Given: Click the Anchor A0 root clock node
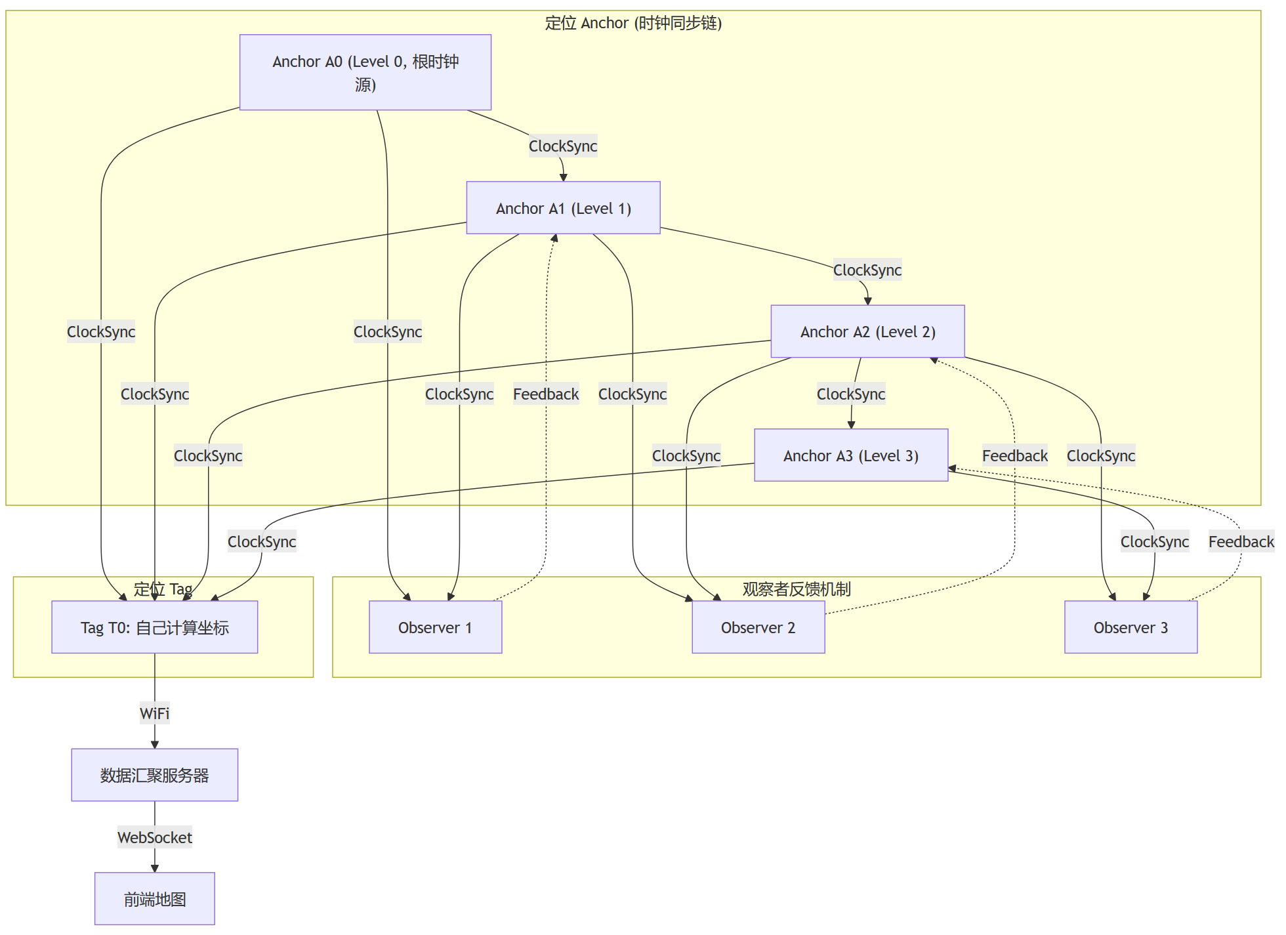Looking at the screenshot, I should (x=365, y=72).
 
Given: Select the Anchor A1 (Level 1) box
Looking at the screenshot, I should (x=563, y=208).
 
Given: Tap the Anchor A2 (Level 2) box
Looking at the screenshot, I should (x=867, y=331).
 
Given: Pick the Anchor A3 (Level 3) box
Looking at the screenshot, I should (x=850, y=455).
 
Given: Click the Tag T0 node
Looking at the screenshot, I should (x=154, y=627).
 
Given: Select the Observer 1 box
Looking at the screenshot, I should (x=435, y=627).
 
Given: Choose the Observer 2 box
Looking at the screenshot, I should (x=758, y=627).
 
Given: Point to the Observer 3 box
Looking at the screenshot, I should (x=1130, y=627).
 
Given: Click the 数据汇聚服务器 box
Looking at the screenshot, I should (x=154, y=775).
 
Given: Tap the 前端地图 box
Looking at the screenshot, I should (x=154, y=899).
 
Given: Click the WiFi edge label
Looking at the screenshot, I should (x=154, y=713).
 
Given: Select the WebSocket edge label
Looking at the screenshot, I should (x=154, y=837).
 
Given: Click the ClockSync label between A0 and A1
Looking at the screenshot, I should (x=563, y=146).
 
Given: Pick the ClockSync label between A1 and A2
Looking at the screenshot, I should (x=867, y=270).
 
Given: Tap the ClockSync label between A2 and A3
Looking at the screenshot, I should (x=850, y=394).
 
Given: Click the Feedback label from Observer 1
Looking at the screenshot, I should (x=546, y=394).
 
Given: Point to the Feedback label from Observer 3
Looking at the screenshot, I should (x=1241, y=541).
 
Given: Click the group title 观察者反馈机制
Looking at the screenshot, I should (x=797, y=589).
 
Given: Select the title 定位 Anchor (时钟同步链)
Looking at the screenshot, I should (x=633, y=23).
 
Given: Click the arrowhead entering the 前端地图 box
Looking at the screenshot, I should (x=155, y=869).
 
